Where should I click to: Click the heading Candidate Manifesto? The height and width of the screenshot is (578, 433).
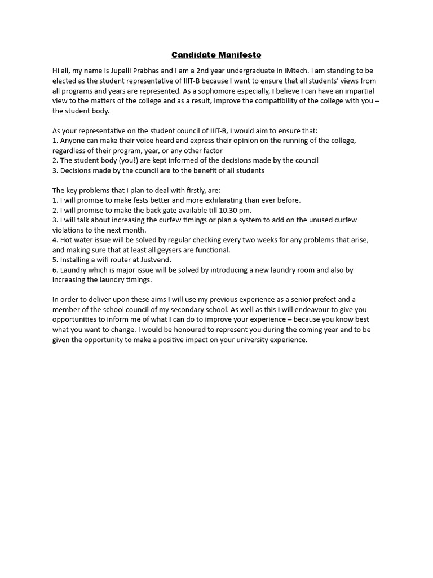coord(216,55)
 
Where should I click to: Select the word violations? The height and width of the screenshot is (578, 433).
coord(69,230)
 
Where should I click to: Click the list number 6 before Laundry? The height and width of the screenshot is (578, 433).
coord(55,270)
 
